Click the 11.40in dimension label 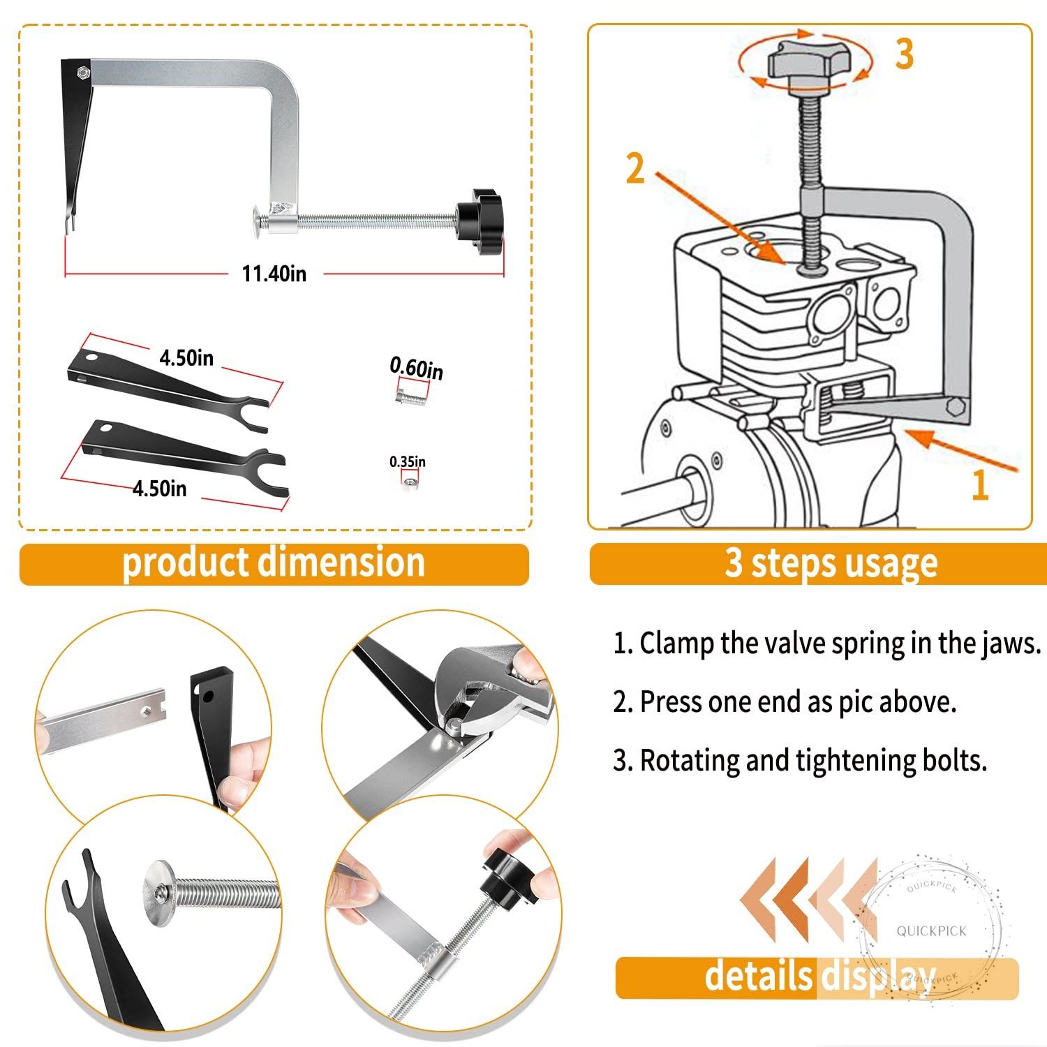[x=274, y=273]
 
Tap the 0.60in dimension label [x=416, y=368]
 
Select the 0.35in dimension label [x=408, y=461]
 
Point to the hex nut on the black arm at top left [x=82, y=71]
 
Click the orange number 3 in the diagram [x=905, y=54]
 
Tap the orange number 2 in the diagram [x=635, y=168]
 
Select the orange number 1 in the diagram [x=981, y=484]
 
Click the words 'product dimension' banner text [x=274, y=563]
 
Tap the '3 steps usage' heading [x=831, y=563]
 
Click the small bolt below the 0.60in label [x=410, y=398]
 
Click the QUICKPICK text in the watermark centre [x=932, y=931]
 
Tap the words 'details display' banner [x=819, y=976]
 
